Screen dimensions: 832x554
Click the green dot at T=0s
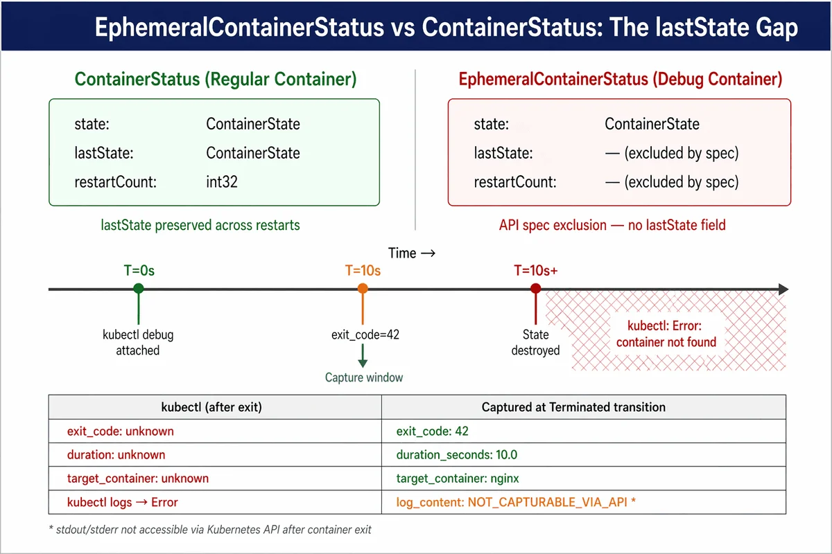coord(139,288)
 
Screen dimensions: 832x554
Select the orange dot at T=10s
coord(363,288)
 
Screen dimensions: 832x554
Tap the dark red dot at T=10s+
coord(535,288)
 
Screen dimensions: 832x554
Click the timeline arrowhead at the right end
coord(783,289)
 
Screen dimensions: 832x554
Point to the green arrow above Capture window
coord(363,356)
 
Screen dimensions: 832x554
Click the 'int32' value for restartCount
coord(222,182)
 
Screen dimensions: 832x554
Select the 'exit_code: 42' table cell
coord(433,431)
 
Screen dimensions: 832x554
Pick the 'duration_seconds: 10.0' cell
coord(456,454)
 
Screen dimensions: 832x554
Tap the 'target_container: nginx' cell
coord(457,479)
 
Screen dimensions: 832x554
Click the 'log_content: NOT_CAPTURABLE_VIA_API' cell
coord(516,502)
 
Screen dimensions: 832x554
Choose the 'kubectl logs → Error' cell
coord(123,502)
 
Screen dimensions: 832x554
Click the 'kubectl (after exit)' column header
coord(211,407)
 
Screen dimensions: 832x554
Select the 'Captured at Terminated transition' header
coord(573,407)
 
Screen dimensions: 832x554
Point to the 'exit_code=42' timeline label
coord(365,334)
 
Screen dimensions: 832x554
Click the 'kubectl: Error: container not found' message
coord(666,334)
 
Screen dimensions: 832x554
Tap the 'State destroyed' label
coord(535,343)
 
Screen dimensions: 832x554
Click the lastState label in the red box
coord(503,153)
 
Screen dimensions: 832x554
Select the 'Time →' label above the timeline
coord(412,253)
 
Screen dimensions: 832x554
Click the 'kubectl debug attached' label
coord(138,343)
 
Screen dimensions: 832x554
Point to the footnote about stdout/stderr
coord(210,530)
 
